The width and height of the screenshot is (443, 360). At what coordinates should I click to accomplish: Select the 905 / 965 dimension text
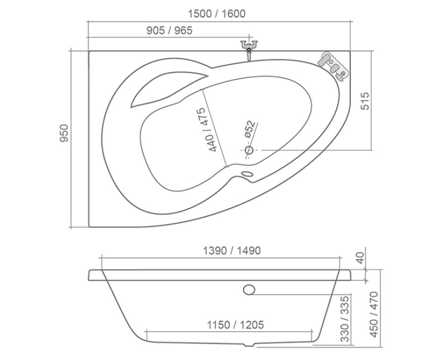click(169, 31)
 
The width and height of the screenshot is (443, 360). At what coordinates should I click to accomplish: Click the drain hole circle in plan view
click(249, 150)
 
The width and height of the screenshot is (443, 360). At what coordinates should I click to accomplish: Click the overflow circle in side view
click(249, 289)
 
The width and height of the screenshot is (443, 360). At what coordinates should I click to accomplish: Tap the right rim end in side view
click(347, 275)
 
